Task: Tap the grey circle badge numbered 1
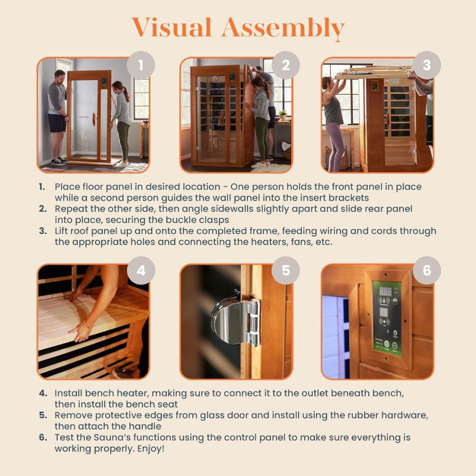141,65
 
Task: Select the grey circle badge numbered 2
286,65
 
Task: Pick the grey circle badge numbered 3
427,65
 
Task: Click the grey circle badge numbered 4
141,271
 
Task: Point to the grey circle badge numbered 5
286,271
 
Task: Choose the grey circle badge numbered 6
427,271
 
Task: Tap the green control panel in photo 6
387,318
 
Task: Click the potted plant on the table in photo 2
283,115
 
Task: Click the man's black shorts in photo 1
57,123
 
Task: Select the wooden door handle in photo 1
94,119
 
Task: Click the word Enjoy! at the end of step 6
151,448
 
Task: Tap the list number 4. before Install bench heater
43,393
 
